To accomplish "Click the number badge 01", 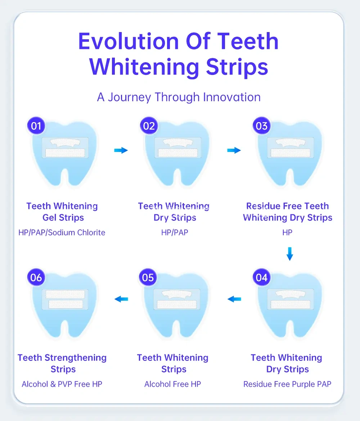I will tap(36, 126).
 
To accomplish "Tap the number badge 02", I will tap(149, 126).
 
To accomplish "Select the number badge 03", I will tap(262, 126).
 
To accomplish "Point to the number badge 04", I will tap(262, 277).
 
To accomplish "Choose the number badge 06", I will tap(36, 277).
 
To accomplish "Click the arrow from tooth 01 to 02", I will tap(121, 150).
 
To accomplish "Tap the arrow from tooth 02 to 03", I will tap(234, 150).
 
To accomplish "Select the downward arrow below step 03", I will tap(290, 254).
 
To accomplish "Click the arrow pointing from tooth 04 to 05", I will tap(234, 299).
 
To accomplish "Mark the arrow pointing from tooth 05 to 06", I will tap(121, 299).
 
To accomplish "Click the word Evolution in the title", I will tap(128, 41).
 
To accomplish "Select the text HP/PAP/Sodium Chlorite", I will tap(62, 233).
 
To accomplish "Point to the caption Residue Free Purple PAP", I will tap(287, 384).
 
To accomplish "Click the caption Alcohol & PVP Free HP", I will tap(62, 384).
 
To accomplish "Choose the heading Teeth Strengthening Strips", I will tap(62, 363).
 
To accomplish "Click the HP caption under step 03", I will tap(287, 233).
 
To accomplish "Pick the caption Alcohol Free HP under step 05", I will tap(172, 384).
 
